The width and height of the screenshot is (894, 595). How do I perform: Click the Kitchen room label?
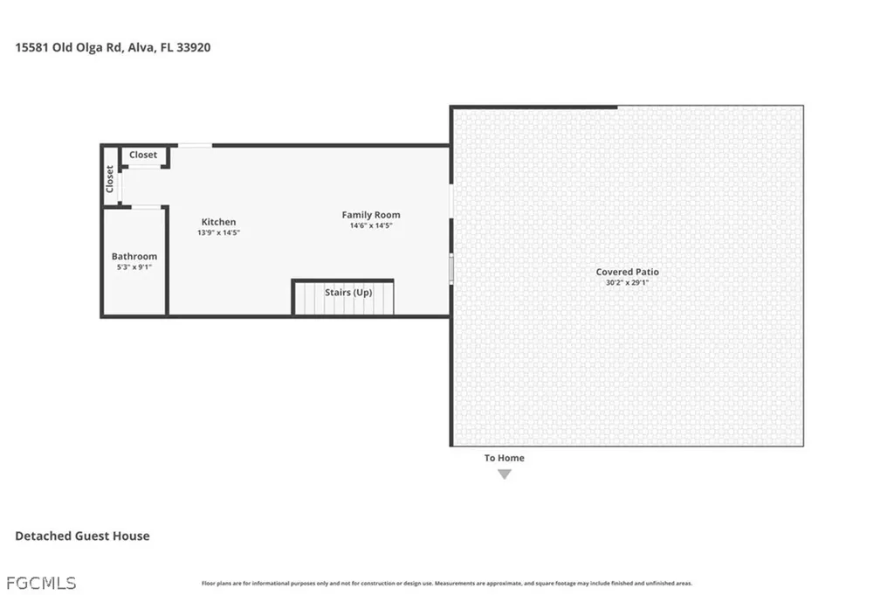218,222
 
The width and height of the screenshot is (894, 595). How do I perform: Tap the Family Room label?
371,215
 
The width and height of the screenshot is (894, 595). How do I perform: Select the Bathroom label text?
134,256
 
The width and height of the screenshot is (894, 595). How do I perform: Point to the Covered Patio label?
628,272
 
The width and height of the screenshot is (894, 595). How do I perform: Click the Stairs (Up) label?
348,292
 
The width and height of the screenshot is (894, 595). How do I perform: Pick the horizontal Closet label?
143,155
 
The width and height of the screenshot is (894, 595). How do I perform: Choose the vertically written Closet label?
110,179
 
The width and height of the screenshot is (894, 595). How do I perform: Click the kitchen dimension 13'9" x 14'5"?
218,232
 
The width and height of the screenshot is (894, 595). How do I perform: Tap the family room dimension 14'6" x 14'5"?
371,225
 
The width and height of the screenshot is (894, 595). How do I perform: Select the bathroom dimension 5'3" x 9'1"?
134,266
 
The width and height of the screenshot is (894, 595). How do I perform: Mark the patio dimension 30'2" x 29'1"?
628,282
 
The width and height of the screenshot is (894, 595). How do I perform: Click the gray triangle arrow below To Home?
505,474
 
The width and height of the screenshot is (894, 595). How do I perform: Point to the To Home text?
505,458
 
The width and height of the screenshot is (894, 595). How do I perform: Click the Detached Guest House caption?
82,536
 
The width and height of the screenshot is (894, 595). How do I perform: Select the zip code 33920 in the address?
191,48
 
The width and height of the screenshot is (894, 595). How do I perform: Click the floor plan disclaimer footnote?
446,584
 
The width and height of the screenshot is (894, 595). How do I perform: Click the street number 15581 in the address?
32,48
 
